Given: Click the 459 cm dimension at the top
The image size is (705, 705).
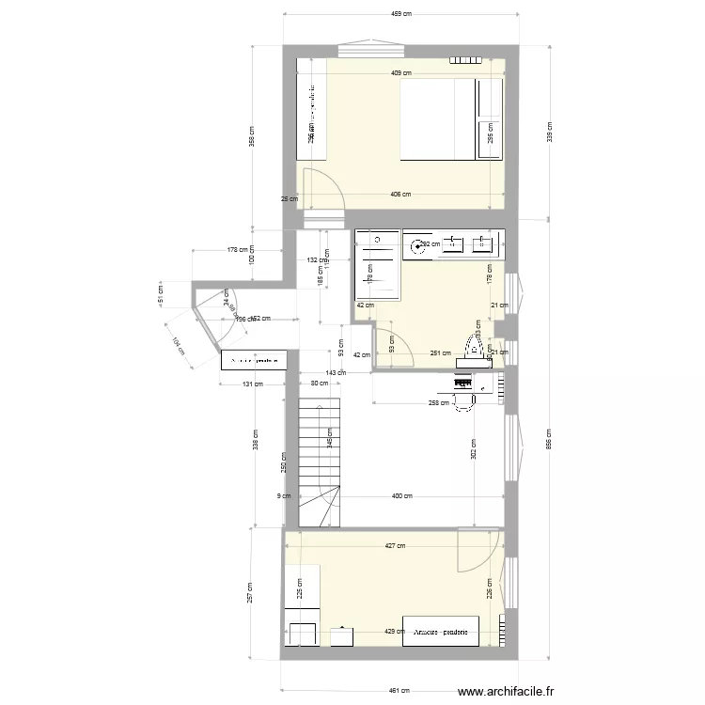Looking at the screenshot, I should pos(401,14).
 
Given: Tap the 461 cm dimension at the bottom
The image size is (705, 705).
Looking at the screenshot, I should pos(401,691).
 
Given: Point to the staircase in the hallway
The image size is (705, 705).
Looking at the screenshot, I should pos(319,461).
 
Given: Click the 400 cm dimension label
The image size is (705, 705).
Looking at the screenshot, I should pos(401,496).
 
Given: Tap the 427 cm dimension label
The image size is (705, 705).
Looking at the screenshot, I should pos(395,545).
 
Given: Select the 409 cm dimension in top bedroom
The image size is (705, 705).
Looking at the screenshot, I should pos(401,73).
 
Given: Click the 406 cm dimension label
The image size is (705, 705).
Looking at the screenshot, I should pos(401,195).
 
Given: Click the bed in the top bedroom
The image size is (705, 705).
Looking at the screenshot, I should pos(437,119).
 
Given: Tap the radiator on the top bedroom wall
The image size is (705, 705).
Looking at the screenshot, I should pos(465,61).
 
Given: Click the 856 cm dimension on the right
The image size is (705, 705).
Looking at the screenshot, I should pos(549,439).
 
